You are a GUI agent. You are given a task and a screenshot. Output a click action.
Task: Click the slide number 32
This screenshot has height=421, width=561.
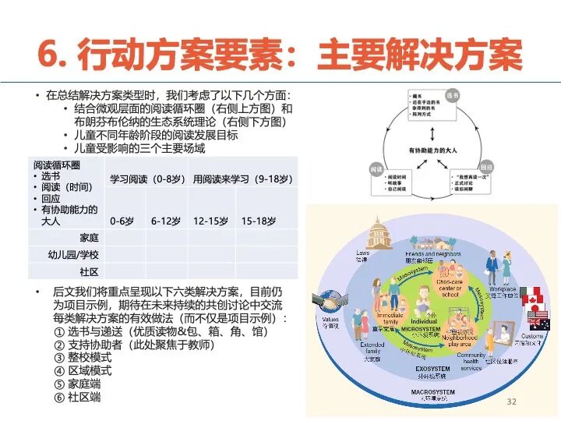click(x=512, y=401)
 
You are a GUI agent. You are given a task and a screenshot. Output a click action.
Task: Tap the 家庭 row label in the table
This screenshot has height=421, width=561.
click(x=89, y=237)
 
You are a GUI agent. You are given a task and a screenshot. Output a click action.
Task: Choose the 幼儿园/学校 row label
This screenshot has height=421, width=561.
click(x=74, y=254)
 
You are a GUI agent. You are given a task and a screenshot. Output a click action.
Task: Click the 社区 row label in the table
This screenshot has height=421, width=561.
click(x=89, y=271)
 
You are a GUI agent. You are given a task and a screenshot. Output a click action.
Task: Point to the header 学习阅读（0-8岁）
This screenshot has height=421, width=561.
click(x=146, y=179)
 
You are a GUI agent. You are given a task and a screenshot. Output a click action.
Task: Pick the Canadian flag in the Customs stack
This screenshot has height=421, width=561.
click(x=531, y=296)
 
